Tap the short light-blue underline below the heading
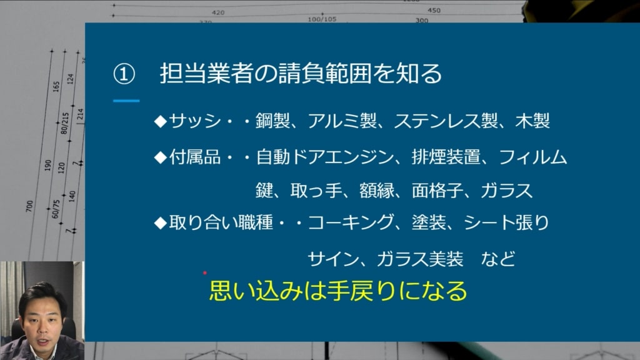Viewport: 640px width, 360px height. (126, 101)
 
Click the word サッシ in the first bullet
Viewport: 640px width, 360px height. (195, 121)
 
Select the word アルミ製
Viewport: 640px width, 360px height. (342, 121)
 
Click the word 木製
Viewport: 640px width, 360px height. (532, 121)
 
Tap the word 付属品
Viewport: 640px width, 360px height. (195, 157)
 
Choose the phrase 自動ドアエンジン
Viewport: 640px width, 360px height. (325, 157)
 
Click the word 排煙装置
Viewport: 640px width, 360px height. (446, 157)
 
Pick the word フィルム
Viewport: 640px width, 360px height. (533, 157)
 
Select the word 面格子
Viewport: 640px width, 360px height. (437, 191)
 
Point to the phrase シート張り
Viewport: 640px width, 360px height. (506, 223)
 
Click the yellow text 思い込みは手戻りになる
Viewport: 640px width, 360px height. (338, 291)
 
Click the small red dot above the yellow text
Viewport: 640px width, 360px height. (205, 272)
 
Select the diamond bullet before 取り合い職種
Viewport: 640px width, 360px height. (161, 223)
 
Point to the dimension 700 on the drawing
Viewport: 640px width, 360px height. (29, 206)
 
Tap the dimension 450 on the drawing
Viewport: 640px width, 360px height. (434, 10)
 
